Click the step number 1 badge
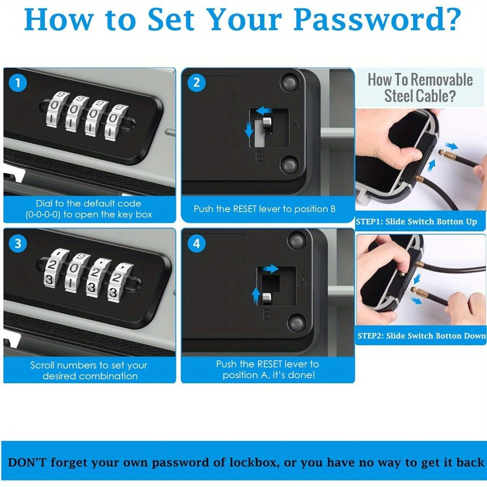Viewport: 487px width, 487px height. [x=18, y=83]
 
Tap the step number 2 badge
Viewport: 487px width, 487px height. [x=197, y=83]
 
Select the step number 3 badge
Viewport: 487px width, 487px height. [x=18, y=243]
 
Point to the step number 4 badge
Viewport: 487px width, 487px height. [x=197, y=244]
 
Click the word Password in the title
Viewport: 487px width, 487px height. [x=377, y=19]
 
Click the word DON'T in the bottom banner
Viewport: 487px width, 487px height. [x=27, y=463]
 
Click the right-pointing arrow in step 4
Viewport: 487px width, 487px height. [x=271, y=269]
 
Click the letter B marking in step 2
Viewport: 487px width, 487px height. [x=260, y=157]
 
